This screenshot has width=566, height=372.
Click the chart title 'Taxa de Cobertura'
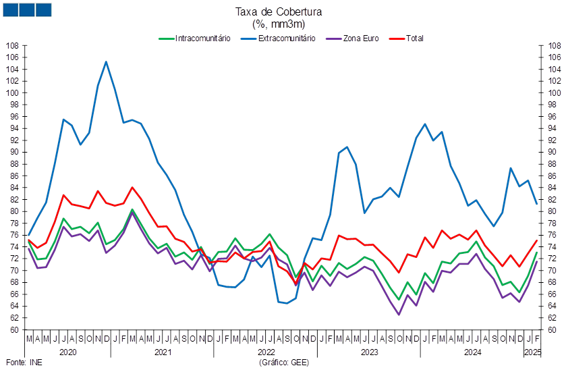pos(279,12)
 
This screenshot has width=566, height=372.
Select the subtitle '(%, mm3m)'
pos(279,24)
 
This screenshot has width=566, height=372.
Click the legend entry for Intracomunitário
pos(194,38)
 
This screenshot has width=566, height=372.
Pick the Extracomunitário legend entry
pos(278,38)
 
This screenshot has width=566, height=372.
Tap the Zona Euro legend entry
pos(352,38)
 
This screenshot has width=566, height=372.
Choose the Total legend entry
pos(406,38)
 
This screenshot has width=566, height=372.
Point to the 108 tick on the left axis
pos(12,46)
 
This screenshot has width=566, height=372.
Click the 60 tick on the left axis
pos(14,329)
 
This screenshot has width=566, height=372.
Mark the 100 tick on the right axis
pos(555,92)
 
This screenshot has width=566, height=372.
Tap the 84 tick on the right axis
pos(553,188)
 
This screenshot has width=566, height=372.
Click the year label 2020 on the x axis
pos(68,352)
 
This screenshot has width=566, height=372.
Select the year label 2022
pos(266,352)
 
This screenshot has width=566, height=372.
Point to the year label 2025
pos(533,352)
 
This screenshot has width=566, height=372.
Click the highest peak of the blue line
pos(106,61)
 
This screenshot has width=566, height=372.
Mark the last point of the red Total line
pos(537,240)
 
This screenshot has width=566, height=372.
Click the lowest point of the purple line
pos(399,315)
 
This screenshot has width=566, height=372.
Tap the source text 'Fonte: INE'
pos(24,363)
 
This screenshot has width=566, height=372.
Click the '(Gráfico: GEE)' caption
pos(284,363)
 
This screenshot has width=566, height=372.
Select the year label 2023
pos(369,352)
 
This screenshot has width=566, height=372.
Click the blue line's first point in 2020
pos(29,235)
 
